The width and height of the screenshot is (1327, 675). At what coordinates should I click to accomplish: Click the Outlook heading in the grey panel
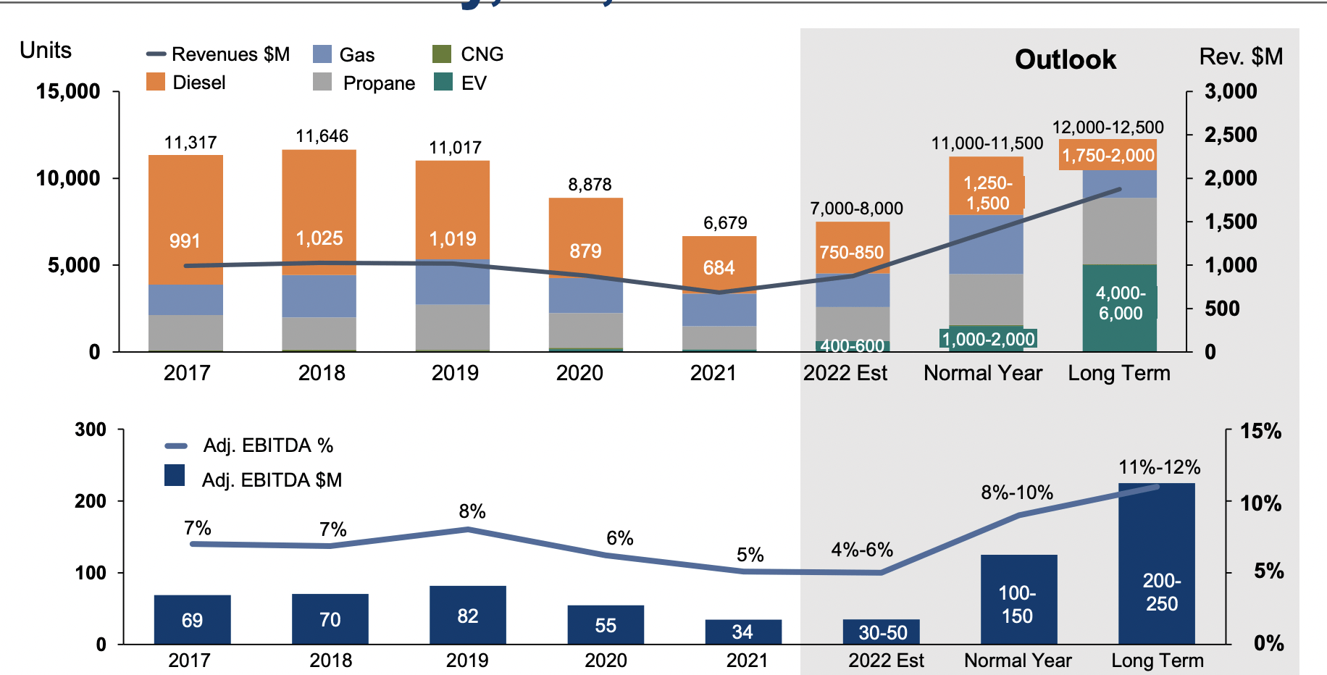tap(1065, 59)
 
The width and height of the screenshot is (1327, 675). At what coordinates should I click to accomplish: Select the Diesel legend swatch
tap(156, 82)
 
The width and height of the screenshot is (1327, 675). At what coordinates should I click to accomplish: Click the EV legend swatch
tap(443, 82)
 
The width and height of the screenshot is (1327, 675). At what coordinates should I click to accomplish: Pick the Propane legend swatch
tap(322, 82)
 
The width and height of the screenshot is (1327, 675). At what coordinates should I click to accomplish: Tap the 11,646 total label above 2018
tap(322, 136)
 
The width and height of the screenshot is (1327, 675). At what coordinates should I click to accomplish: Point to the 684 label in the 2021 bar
tap(719, 268)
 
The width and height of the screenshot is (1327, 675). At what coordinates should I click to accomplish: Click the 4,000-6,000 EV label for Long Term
tap(1120, 303)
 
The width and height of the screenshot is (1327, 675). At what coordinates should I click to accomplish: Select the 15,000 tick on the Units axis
tap(68, 91)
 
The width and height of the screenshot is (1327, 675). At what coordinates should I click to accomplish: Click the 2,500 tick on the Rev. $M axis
tap(1230, 135)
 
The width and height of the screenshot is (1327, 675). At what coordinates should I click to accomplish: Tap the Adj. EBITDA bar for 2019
tap(467, 615)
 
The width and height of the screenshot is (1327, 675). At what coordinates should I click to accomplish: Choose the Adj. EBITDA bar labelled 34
tap(742, 632)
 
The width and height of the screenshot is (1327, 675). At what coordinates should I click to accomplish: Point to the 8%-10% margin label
tap(1016, 492)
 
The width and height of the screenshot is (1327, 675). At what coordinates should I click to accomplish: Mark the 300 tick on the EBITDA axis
tap(91, 429)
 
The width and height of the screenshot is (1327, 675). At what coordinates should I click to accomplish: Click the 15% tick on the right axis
tap(1260, 432)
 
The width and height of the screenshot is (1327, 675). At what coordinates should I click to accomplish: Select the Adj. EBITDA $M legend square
tap(175, 475)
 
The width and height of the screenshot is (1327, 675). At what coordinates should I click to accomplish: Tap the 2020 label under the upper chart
tap(579, 373)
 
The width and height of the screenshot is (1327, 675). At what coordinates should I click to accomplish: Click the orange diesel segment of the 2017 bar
tap(185, 217)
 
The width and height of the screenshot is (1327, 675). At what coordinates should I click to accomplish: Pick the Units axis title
tap(46, 50)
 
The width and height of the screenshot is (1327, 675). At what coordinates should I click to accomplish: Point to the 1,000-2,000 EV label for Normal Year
tap(987, 339)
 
